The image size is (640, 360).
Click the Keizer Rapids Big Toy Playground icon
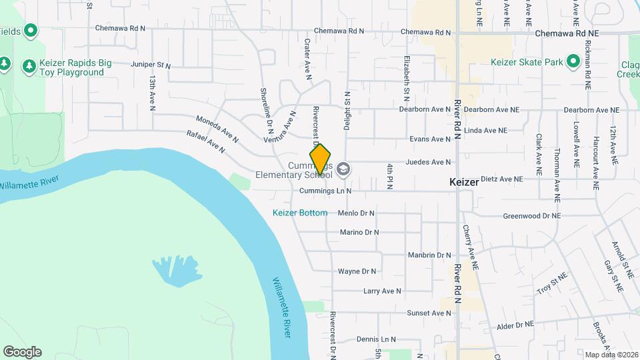[29, 66]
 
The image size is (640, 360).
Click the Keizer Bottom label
[300, 213]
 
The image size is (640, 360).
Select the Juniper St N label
[151, 66]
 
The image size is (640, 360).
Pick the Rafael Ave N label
[206, 141]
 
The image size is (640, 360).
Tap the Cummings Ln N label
[325, 191]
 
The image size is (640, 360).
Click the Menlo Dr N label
[356, 213]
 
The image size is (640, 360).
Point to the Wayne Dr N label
[357, 271]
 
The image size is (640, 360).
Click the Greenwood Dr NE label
[531, 216]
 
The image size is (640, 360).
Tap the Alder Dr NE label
[515, 325]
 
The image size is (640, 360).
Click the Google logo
[22, 351]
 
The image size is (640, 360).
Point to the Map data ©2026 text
[611, 355]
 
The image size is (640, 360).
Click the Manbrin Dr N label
[430, 255]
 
